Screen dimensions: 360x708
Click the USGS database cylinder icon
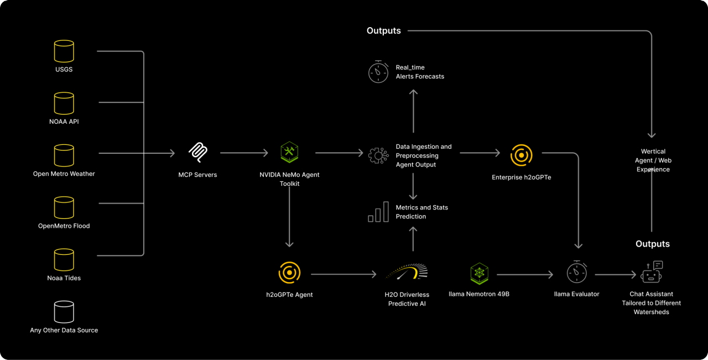pos(64,51)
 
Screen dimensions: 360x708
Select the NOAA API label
pos(64,122)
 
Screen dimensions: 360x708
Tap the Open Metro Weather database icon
pos(64,155)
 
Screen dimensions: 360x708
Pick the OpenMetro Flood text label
pos(64,226)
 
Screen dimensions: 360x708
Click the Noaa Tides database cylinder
pos(64,259)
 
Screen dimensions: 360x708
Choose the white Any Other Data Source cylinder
pos(64,312)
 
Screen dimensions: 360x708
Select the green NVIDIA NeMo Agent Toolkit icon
pos(289,152)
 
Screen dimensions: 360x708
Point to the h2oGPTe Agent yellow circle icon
pos(289,273)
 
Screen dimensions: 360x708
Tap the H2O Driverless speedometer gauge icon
pos(407,272)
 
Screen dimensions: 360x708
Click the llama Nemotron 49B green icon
pos(479,273)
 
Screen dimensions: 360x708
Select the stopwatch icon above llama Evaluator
pos(577,272)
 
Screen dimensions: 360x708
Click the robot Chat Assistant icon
pos(652,272)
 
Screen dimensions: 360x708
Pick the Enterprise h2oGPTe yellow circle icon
pos(521,155)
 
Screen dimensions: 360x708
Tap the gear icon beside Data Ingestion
pos(378,155)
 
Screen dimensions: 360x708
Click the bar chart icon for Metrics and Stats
pos(378,212)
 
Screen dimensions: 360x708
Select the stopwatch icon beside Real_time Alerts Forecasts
pos(378,72)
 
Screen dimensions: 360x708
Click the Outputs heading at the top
pos(383,31)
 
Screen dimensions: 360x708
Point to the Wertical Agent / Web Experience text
pos(653,160)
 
